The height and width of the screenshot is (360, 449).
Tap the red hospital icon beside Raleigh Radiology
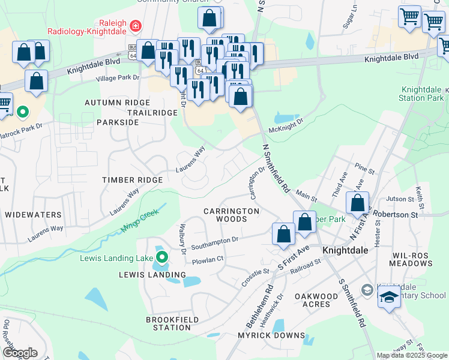click(136, 26)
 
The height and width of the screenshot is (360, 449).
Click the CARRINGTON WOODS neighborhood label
click(231, 215)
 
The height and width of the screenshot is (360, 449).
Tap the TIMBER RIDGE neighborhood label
click(132, 180)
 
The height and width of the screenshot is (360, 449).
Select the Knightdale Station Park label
click(421, 94)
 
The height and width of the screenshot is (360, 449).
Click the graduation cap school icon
click(389, 297)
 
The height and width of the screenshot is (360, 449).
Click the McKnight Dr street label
click(287, 122)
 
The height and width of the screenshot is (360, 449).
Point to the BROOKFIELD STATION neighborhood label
click(169, 323)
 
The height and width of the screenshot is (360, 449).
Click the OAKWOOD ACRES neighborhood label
click(316, 300)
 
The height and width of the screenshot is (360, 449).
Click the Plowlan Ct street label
click(208, 259)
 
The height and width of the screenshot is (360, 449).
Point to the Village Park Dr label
click(118, 78)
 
